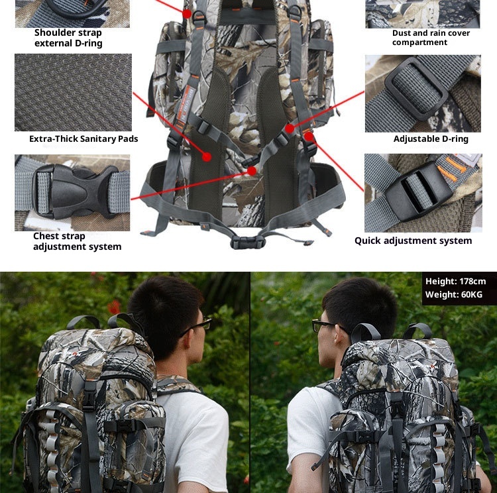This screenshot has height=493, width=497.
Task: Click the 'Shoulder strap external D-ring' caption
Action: point(68,38)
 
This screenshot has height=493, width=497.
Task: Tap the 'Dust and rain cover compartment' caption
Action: point(431,38)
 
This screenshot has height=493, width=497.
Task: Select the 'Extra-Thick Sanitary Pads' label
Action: point(83,139)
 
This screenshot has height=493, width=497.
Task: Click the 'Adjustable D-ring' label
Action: point(431,139)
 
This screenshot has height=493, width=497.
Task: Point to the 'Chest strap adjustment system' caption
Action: point(77,241)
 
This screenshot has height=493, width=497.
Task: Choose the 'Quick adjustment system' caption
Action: point(413,241)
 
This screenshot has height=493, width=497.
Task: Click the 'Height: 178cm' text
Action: point(455,282)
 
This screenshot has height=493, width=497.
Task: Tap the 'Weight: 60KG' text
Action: point(454,294)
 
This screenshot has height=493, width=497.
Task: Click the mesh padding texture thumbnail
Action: point(72,92)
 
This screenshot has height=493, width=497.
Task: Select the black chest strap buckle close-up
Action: point(72,192)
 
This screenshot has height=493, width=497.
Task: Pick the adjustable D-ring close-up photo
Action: point(422,92)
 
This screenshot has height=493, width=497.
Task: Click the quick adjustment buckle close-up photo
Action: point(422,192)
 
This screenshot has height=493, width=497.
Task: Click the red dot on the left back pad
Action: point(207,157)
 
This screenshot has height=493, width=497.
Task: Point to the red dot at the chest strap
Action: point(252,170)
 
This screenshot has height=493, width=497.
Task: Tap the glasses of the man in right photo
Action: point(324,325)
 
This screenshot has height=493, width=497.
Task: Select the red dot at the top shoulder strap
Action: point(188,13)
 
